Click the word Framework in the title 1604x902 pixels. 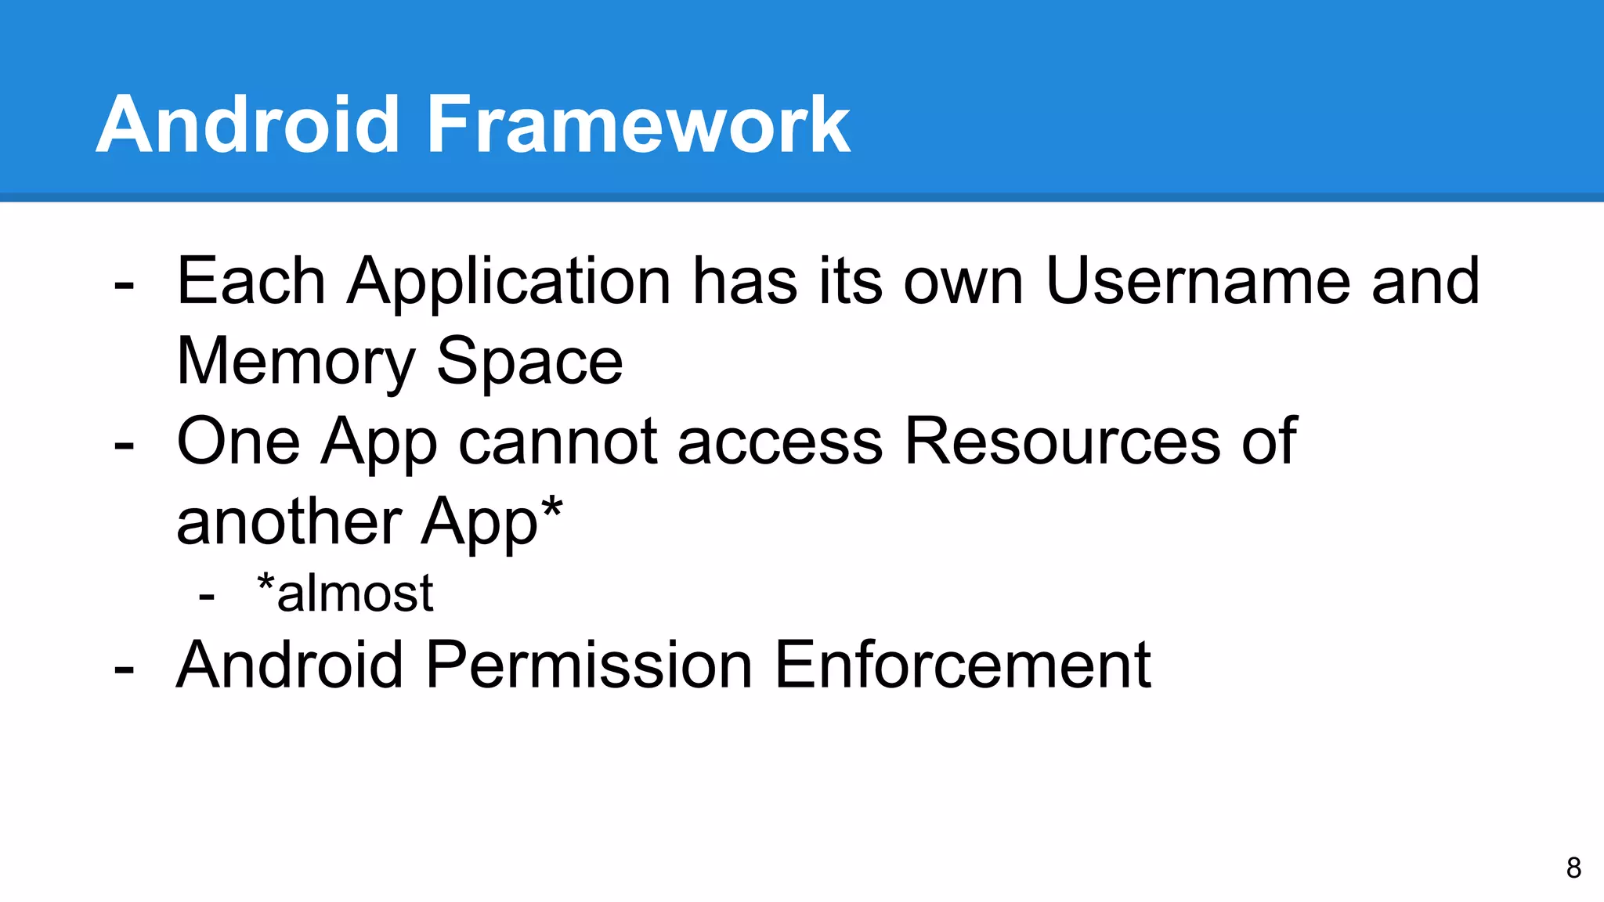pyautogui.click(x=638, y=124)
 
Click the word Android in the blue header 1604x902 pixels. pyautogui.click(x=248, y=124)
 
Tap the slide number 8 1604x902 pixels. pyautogui.click(x=1573, y=868)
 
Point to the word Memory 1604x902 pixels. pyautogui.click(x=296, y=363)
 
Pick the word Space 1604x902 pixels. pyautogui.click(x=529, y=363)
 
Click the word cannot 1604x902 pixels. pyautogui.click(x=558, y=442)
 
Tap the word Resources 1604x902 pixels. pyautogui.click(x=1061, y=442)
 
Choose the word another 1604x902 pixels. pyautogui.click(x=289, y=521)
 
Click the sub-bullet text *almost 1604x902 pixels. pyautogui.click(x=345, y=593)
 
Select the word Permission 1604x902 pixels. pyautogui.click(x=589, y=665)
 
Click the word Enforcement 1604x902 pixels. pyautogui.click(x=963, y=665)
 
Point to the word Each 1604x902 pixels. pyautogui.click(x=251, y=281)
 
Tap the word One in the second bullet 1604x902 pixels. pyautogui.click(x=238, y=442)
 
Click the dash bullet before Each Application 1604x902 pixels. pyautogui.click(x=124, y=284)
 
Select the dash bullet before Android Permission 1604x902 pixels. pyautogui.click(x=124, y=668)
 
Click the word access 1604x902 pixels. pyautogui.click(x=781, y=443)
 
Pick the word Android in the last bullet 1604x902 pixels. pyautogui.click(x=290, y=665)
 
